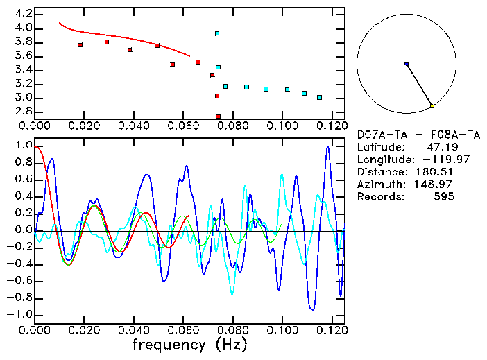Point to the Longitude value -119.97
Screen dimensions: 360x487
coord(435,160)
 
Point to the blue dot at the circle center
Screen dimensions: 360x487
coord(407,64)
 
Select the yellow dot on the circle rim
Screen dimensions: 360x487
coord(432,105)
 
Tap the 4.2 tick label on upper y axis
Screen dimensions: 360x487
coord(23,14)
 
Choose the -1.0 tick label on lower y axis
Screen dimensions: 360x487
coord(21,314)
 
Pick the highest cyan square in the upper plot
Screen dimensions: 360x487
coord(217,33)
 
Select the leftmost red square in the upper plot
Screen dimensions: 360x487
coord(80,45)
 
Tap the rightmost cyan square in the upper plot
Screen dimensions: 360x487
coord(319,98)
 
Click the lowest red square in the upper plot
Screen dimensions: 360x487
coord(218,117)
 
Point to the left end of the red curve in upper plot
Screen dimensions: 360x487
coord(59,23)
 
